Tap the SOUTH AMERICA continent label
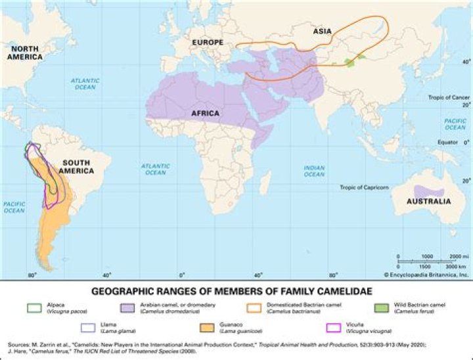pos(75,166)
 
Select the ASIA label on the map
pos(321,30)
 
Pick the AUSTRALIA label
pos(429,201)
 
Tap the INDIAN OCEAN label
pos(314,171)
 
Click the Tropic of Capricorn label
pos(364,187)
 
